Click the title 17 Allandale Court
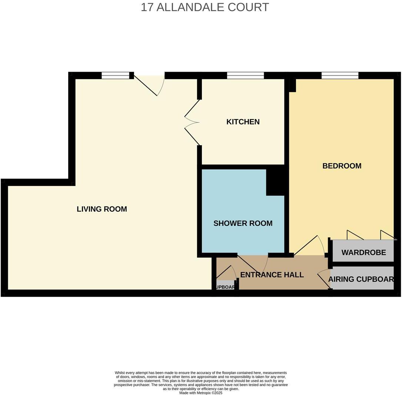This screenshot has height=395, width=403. tap(204, 7)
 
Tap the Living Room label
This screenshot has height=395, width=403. tap(102, 209)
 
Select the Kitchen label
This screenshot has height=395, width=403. tap(243, 122)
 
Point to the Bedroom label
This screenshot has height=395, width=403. tap(342, 166)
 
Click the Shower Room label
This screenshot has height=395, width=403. tap(243, 223)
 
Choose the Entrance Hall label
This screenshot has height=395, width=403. tap(272, 275)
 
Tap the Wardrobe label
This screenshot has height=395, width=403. tap(363, 252)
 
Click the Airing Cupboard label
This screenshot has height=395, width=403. tap(361, 279)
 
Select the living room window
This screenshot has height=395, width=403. tap(116, 75)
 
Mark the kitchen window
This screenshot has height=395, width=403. tap(245, 75)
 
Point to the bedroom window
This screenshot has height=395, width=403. tap(340, 75)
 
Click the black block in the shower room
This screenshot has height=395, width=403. tap(275, 182)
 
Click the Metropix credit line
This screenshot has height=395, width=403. tap(201, 393)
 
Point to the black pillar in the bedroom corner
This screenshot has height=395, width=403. tap(293, 85)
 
